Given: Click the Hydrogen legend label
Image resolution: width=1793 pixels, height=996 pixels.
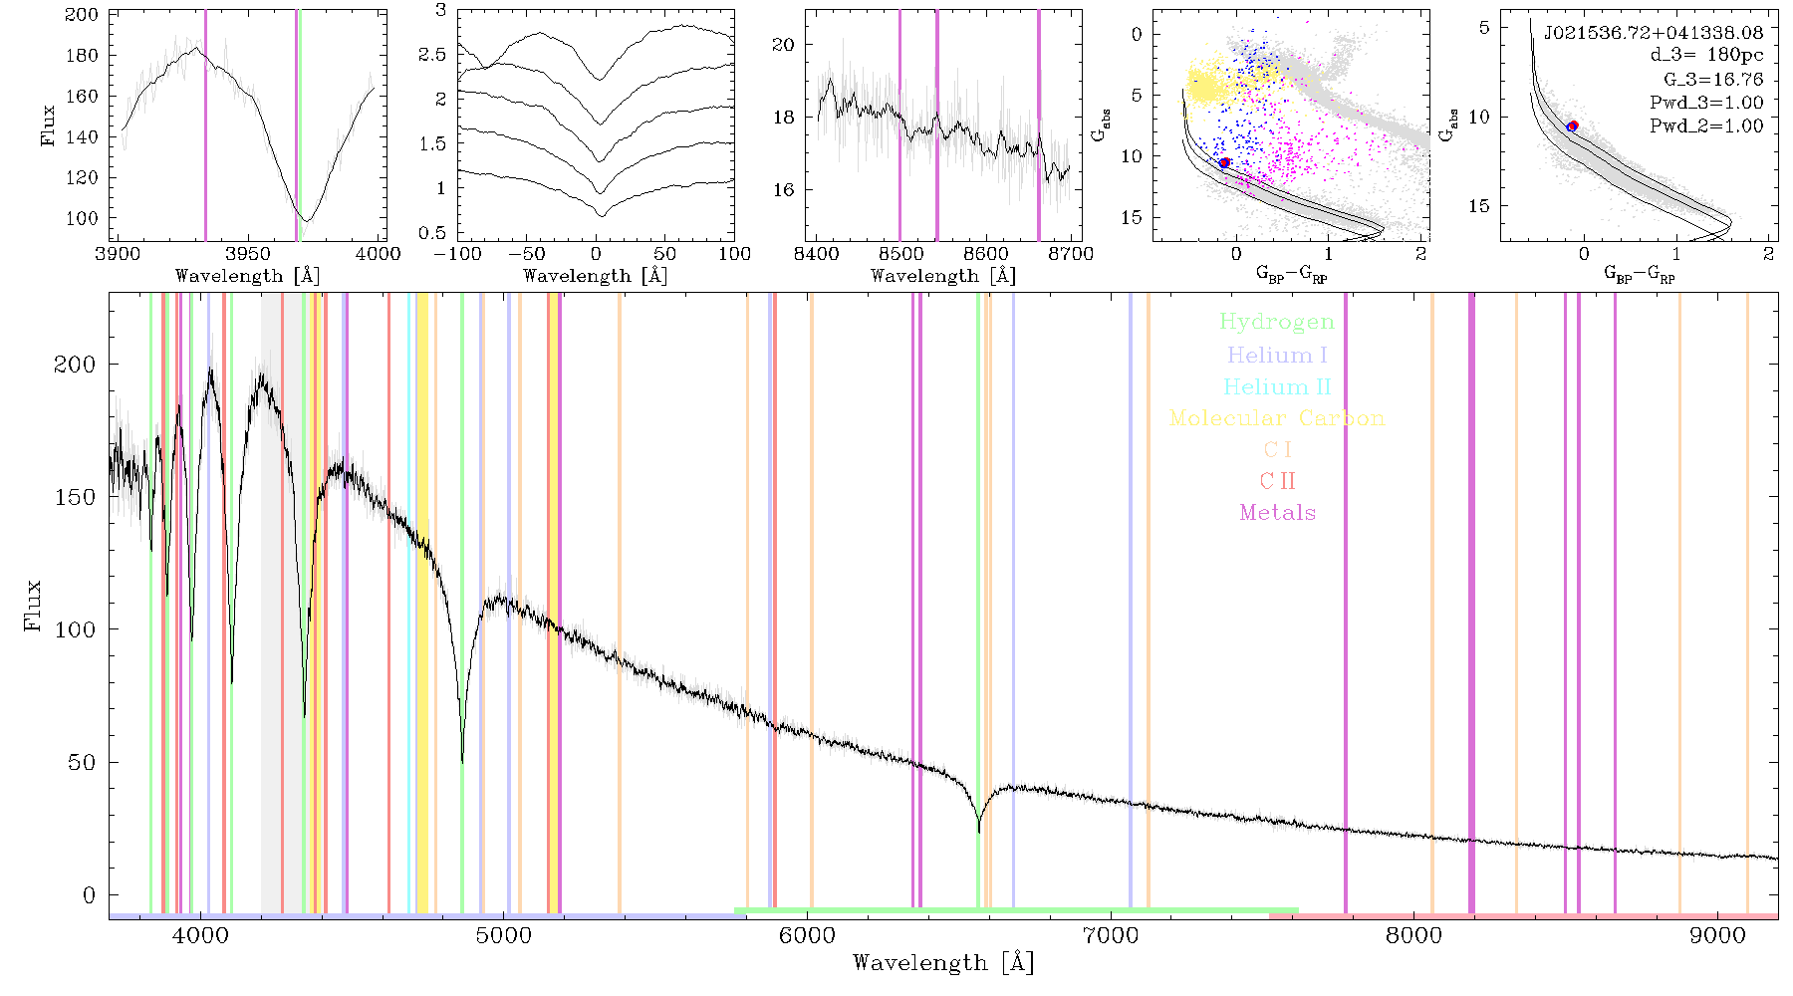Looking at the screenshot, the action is tap(1276, 322).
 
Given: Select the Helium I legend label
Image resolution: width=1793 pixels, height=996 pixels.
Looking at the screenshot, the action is tap(1277, 355).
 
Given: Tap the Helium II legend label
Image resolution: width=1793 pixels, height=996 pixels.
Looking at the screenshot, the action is tap(1277, 386).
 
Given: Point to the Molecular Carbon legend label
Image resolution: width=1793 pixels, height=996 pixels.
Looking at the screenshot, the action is tap(1277, 418).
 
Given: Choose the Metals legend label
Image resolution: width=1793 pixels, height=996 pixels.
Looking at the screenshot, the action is tap(1277, 513).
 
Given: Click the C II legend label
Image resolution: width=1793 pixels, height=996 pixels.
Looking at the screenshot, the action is tap(1277, 481).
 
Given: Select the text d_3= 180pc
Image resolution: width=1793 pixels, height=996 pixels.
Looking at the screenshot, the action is tap(1706, 55).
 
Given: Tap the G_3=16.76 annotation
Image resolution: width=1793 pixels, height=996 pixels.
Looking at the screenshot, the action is tap(1713, 79).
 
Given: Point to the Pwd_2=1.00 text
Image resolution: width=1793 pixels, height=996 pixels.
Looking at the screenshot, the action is tap(1706, 125).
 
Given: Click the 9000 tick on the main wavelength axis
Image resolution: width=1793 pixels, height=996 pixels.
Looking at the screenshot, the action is tap(1716, 936).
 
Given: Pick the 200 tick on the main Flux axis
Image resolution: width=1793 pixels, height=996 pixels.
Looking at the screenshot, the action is tap(75, 365).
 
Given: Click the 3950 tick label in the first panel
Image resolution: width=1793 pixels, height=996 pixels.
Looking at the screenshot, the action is tap(247, 254).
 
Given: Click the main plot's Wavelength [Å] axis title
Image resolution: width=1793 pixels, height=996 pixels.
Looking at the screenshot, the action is tap(943, 963).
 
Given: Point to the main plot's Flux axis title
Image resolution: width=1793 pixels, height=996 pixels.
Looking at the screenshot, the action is tap(34, 606).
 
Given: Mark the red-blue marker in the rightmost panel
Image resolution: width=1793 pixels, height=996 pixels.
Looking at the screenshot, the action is tap(1573, 125).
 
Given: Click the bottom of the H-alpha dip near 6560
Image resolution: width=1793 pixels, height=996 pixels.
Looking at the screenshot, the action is tap(978, 832).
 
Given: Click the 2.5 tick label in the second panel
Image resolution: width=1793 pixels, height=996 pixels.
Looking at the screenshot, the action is tap(432, 54).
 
